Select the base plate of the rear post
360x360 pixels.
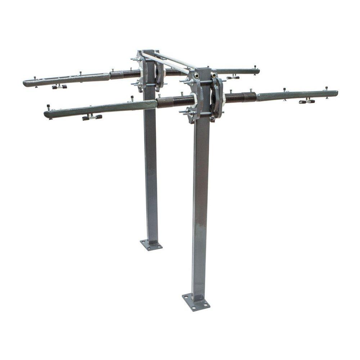tap(151, 245)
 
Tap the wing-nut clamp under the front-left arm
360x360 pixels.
tap(92, 117)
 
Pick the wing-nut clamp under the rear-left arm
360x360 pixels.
tap(60, 87)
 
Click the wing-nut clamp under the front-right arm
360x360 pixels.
tap(307, 102)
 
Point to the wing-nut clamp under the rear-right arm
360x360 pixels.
tap(233, 77)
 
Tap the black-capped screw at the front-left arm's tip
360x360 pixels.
tap(48, 107)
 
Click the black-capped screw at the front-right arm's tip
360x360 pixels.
tap(327, 89)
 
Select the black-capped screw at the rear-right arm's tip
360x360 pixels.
tap(255, 68)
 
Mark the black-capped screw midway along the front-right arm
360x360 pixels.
tap(284, 90)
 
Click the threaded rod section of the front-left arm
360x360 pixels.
tap(175, 102)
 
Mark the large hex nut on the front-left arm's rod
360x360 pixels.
tap(194, 100)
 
